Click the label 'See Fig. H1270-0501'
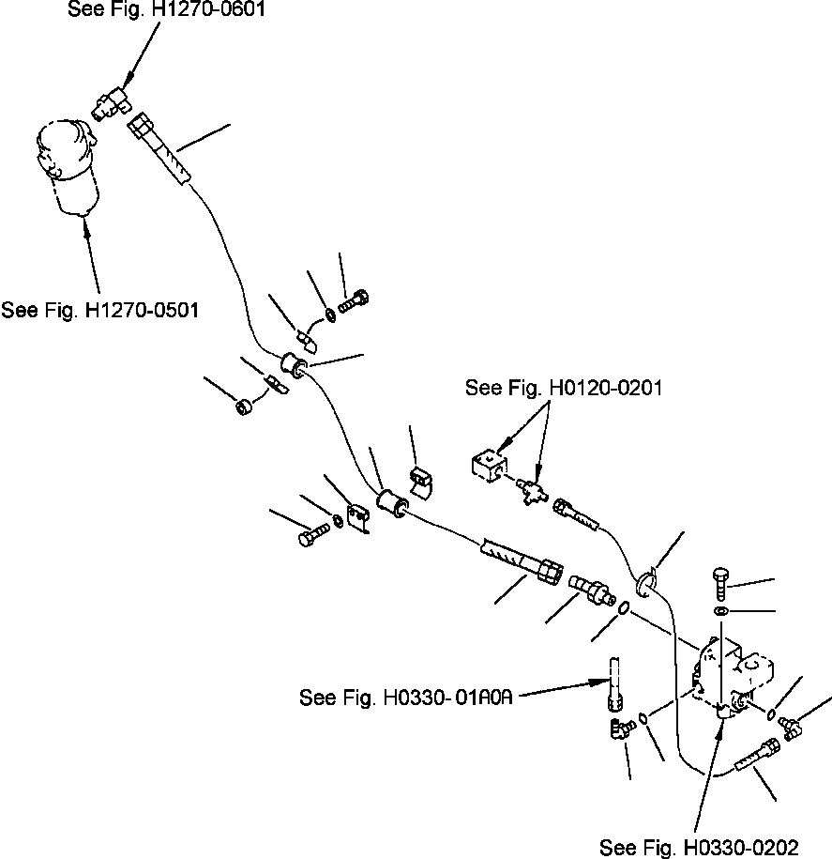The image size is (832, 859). (99, 309)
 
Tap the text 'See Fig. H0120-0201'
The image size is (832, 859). (564, 388)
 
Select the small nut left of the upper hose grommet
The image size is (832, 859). (242, 408)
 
